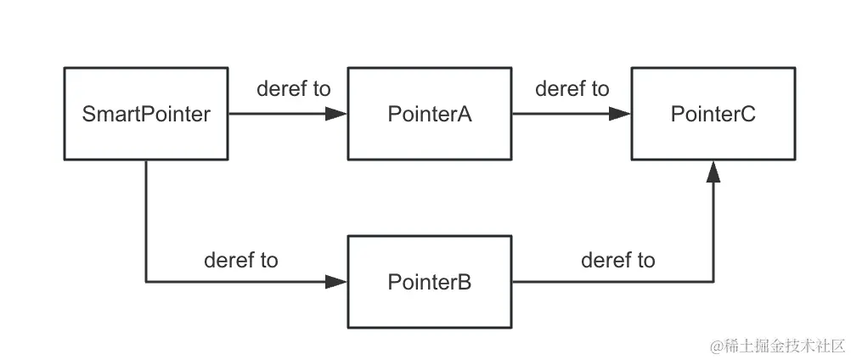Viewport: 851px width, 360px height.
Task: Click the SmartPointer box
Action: [146, 115]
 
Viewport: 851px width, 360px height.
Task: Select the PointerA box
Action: [430, 115]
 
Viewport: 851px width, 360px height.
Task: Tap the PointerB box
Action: [430, 282]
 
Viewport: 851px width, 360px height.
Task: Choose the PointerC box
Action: [713, 115]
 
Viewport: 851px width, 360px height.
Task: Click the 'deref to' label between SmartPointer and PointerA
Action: [293, 89]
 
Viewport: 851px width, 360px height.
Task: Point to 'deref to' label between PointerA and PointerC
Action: [572, 89]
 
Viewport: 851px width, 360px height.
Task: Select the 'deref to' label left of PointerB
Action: [240, 261]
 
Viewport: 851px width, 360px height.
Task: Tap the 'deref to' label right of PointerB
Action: [617, 261]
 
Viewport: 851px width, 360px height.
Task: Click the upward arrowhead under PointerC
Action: [713, 171]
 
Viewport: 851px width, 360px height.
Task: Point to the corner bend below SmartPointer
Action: [146, 282]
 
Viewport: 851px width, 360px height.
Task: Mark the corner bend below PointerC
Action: [713, 282]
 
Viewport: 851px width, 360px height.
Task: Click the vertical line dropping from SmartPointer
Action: [146, 221]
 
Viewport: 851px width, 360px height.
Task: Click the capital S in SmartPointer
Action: [89, 115]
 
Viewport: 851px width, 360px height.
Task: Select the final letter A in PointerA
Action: [465, 115]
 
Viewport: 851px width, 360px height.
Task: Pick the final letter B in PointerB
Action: [465, 282]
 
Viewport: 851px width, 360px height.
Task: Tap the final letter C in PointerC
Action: [747, 115]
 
